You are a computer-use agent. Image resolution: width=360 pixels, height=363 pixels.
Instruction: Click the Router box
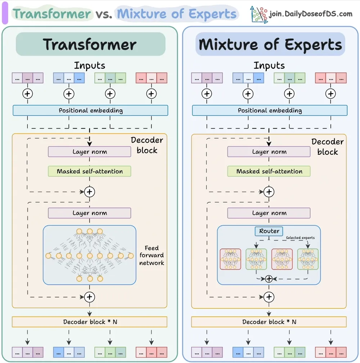tap(269, 231)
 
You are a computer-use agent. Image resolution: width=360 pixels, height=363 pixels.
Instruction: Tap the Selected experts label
tap(300, 237)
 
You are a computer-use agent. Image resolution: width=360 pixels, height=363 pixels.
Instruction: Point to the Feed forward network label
tap(152, 255)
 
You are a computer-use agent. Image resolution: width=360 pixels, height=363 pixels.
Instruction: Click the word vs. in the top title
tap(104, 14)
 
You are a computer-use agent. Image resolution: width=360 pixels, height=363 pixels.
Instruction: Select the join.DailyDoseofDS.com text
tap(311, 14)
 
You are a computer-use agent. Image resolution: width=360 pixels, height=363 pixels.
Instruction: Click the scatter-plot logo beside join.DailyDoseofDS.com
tap(259, 15)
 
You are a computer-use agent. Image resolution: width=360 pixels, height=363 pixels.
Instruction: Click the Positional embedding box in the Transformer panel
tap(90, 110)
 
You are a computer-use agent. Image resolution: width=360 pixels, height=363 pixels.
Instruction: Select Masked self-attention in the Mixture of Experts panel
tap(269, 171)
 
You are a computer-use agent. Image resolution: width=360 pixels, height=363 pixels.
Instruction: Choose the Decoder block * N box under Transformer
tap(89, 322)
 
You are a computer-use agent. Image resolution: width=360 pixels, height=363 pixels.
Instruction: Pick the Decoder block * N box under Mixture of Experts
tap(269, 322)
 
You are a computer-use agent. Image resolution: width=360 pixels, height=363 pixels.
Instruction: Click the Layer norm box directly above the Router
tap(269, 213)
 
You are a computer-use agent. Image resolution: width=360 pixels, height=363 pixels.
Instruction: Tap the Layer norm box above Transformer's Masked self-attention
tap(89, 151)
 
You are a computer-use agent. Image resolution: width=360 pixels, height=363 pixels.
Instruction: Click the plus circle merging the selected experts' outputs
tap(269, 279)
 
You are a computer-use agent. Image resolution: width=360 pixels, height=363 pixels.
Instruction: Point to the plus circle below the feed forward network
tap(89, 297)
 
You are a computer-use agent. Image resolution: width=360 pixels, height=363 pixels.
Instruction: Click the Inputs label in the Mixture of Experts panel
tap(269, 65)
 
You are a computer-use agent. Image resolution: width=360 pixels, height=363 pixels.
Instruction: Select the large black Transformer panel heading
tap(90, 44)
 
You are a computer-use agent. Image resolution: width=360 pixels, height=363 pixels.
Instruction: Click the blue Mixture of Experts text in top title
tap(176, 14)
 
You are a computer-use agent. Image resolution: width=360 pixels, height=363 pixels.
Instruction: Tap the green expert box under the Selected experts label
tap(308, 259)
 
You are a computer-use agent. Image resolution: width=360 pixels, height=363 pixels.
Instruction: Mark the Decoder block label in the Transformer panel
tap(147, 145)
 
